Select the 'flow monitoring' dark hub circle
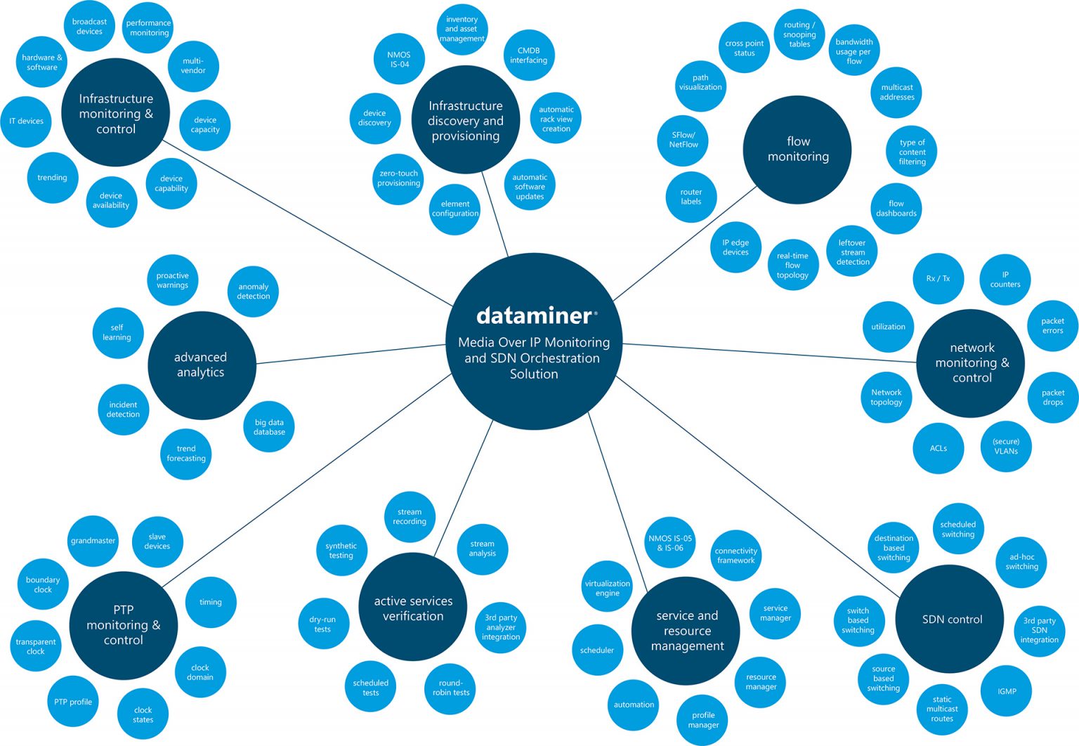[798, 150]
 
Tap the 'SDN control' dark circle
[952, 620]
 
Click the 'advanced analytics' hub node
[201, 365]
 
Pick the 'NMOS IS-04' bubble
[399, 60]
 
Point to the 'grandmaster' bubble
[93, 541]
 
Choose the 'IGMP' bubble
[1007, 691]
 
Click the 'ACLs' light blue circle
[939, 448]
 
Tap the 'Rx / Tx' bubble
[938, 279]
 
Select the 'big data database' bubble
[269, 427]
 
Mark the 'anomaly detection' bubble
[254, 292]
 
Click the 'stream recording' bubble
[410, 516]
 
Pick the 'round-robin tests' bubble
[451, 688]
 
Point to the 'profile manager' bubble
[703, 720]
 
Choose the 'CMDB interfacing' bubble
[528, 55]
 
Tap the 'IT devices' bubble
[26, 122]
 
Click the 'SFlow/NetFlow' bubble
[684, 140]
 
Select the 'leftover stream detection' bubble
[853, 252]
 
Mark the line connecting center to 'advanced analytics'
[351, 354]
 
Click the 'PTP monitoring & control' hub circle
[124, 625]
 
